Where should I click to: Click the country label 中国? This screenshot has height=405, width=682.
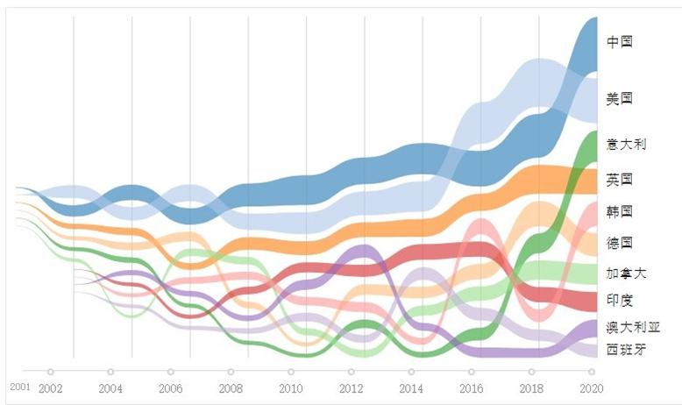pyautogui.click(x=620, y=41)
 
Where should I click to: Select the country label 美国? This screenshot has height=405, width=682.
pyautogui.click(x=620, y=98)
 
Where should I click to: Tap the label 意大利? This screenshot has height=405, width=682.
pyautogui.click(x=626, y=143)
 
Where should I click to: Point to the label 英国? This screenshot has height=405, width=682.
pyautogui.click(x=620, y=180)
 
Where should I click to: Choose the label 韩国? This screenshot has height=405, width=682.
pyautogui.click(x=620, y=211)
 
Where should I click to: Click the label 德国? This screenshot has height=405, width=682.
pyautogui.click(x=620, y=243)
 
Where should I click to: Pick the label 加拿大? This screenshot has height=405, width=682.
pyautogui.click(x=626, y=274)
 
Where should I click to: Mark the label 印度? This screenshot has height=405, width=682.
pyautogui.click(x=620, y=300)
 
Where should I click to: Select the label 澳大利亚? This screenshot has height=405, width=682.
pyautogui.click(x=632, y=327)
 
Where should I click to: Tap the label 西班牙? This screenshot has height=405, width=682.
pyautogui.click(x=626, y=350)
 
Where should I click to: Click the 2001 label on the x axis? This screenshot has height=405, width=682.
pyautogui.click(x=19, y=386)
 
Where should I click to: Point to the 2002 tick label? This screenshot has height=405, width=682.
pyautogui.click(x=51, y=388)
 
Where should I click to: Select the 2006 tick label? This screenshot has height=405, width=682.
pyautogui.click(x=170, y=388)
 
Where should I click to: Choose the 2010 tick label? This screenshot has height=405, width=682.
pyautogui.click(x=290, y=388)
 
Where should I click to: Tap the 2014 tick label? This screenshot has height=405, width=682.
pyautogui.click(x=410, y=388)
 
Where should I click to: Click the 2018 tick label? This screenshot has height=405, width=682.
pyautogui.click(x=530, y=388)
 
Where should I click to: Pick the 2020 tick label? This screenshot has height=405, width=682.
pyautogui.click(x=590, y=388)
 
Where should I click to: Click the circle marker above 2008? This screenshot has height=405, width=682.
pyautogui.click(x=231, y=372)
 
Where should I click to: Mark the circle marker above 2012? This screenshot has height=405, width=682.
pyautogui.click(x=351, y=372)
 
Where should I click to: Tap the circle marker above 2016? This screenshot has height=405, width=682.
pyautogui.click(x=471, y=372)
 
